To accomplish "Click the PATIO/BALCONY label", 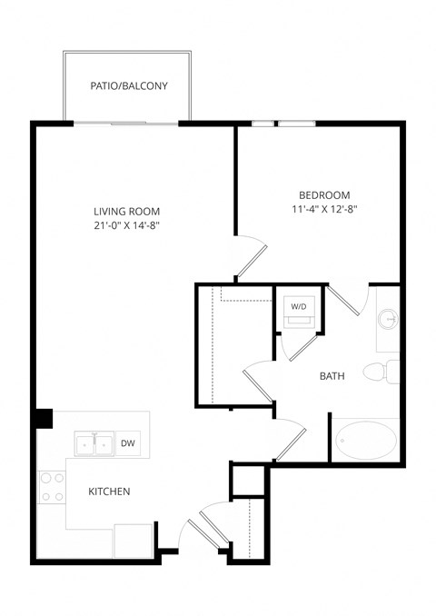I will tap(128, 87).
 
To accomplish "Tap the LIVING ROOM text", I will tap(126, 208).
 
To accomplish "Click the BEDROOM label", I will tap(324, 195).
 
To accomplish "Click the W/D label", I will tap(299, 307).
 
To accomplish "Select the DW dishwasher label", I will tap(129, 442).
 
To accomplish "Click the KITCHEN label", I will tap(109, 492).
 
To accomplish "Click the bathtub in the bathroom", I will tap(366, 442).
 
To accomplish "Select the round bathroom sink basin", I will tap(388, 320).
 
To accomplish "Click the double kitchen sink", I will tap(94, 443).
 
